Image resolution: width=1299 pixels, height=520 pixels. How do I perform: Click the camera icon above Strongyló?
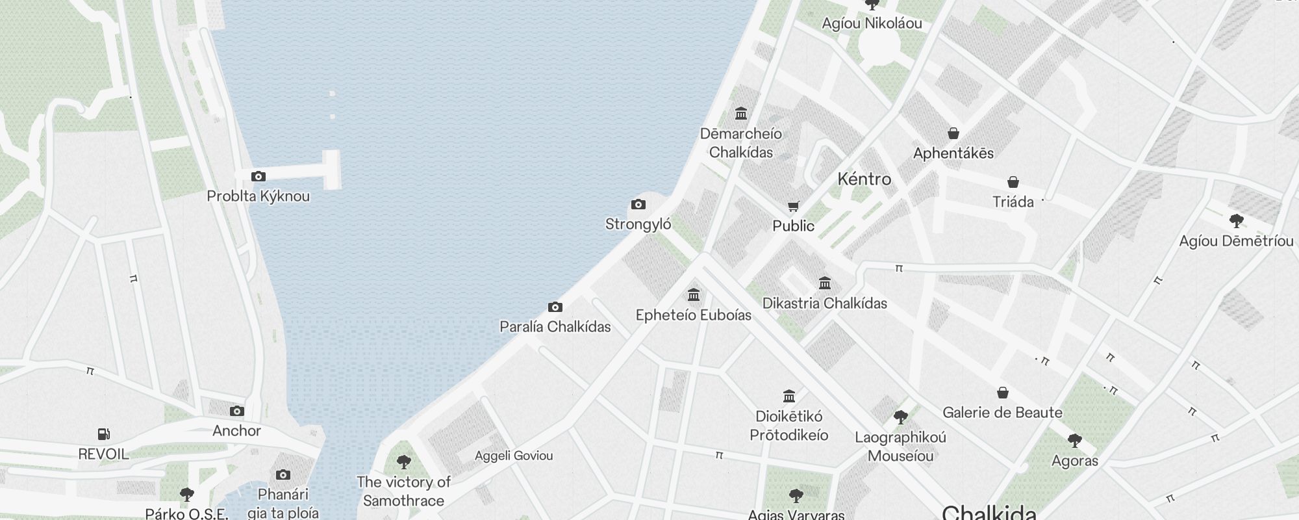[x=638, y=205]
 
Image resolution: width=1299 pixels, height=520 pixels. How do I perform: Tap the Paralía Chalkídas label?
[x=555, y=326]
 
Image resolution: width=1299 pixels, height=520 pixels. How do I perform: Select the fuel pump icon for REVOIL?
[x=104, y=434]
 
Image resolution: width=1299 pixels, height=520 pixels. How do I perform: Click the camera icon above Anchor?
[x=237, y=411]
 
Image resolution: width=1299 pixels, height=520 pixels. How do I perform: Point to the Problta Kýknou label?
[x=258, y=196]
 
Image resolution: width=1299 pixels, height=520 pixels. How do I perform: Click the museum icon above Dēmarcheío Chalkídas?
[x=741, y=114]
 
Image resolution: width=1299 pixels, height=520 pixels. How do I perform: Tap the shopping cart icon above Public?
[x=793, y=207]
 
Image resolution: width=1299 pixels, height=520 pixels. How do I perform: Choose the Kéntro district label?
[x=864, y=179]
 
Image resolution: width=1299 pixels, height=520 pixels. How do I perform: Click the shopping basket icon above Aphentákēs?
[x=953, y=133]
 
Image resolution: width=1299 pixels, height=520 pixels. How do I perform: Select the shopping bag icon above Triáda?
[x=1013, y=182]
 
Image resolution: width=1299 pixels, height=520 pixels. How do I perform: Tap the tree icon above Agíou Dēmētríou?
[x=1237, y=221]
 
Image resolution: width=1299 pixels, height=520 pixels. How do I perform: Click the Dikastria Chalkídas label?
[x=825, y=303]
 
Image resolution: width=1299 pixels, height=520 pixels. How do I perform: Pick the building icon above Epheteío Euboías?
[x=694, y=295]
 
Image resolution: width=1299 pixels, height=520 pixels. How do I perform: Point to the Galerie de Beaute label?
[x=1002, y=412]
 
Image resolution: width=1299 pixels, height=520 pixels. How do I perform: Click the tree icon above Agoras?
[x=1075, y=441]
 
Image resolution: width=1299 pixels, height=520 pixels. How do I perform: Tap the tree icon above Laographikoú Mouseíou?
[x=900, y=417]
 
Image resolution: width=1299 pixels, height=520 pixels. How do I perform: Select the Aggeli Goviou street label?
[x=514, y=456]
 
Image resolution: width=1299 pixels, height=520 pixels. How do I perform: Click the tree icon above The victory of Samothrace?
[x=403, y=462]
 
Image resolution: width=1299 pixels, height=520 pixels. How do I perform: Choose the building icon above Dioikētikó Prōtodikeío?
[x=789, y=396]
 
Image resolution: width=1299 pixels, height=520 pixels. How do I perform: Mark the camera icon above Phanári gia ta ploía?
[x=283, y=474]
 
